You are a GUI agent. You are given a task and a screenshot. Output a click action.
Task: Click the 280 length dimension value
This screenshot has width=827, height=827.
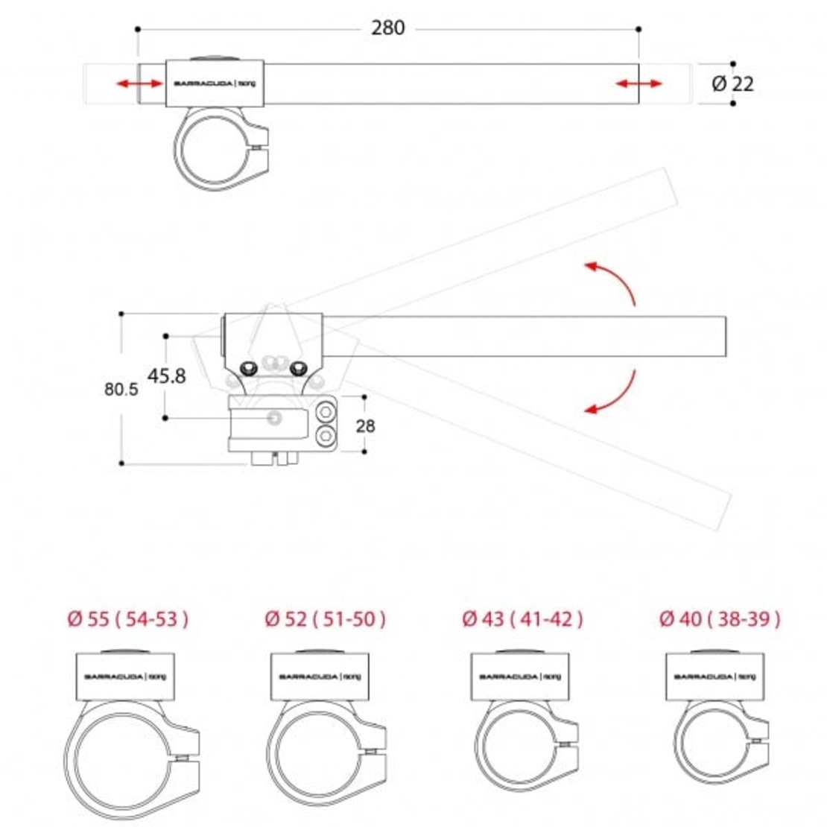coord(387,28)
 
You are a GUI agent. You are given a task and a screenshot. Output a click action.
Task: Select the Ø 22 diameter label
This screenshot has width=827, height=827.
coord(732,83)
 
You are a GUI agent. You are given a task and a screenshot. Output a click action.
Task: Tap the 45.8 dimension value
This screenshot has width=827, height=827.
coord(166,376)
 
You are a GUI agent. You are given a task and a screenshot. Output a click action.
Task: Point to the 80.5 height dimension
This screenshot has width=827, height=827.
coord(121,389)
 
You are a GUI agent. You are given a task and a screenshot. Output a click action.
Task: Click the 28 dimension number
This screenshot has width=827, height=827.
coord(366,426)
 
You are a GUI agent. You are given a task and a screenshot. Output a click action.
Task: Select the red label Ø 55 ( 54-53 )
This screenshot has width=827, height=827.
coord(127,618)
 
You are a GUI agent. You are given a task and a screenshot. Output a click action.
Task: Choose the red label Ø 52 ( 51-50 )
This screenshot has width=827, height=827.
coord(325,618)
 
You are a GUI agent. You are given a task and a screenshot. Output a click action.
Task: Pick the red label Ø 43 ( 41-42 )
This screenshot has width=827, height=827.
coord(522,618)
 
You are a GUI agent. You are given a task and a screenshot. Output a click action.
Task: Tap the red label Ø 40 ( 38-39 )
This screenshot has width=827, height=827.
coord(719,618)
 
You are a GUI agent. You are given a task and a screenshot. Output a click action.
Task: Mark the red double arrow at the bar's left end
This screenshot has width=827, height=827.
coord(140,83)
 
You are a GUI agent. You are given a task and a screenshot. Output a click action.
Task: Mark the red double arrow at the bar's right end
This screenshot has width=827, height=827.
coord(639,83)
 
